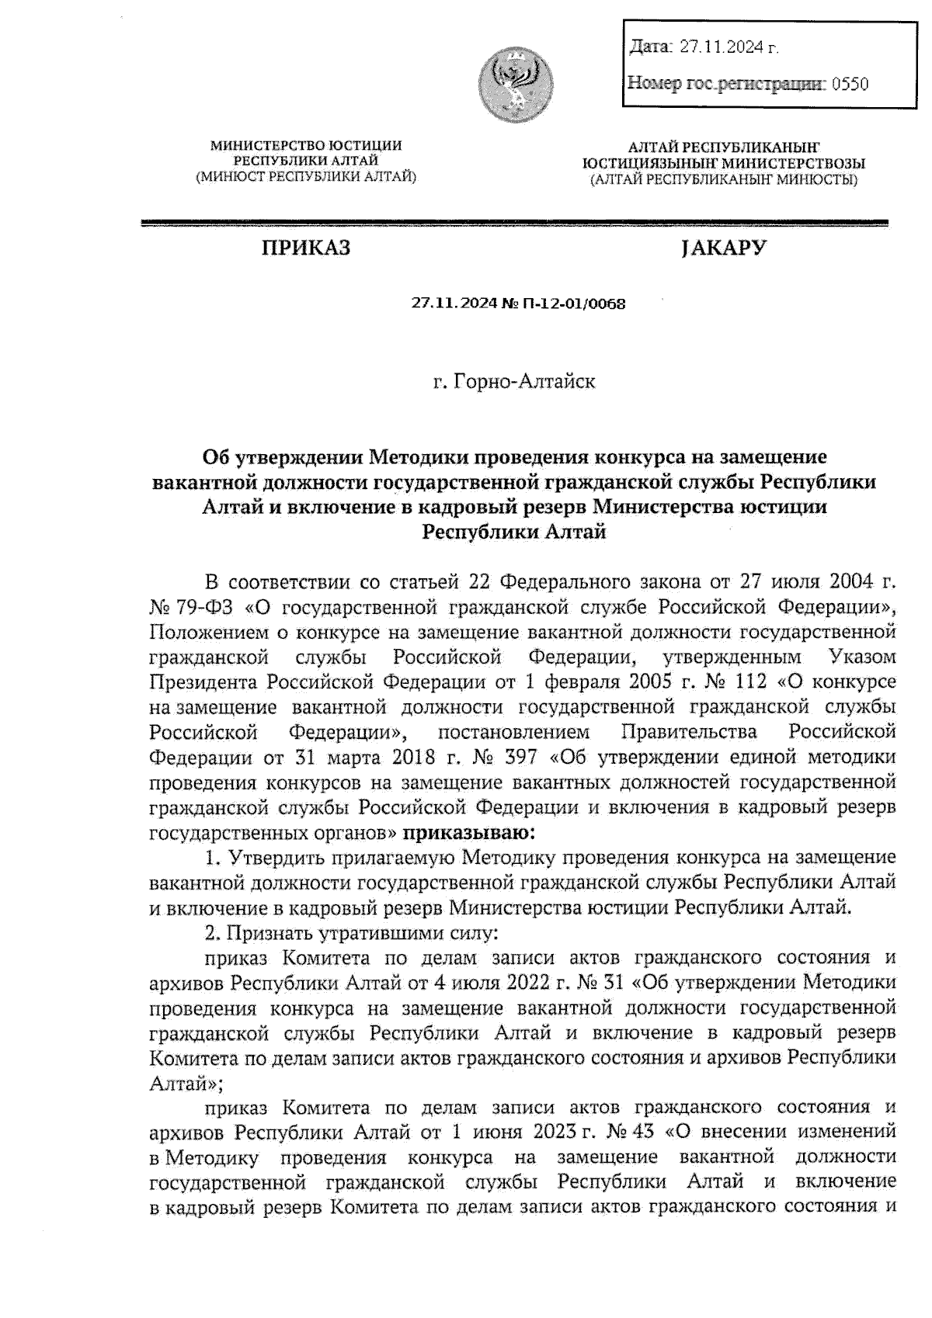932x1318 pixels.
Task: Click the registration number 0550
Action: pos(850,84)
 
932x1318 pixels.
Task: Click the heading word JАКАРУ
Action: pos(723,248)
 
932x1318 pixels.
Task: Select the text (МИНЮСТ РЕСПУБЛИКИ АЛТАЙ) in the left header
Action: pos(306,177)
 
